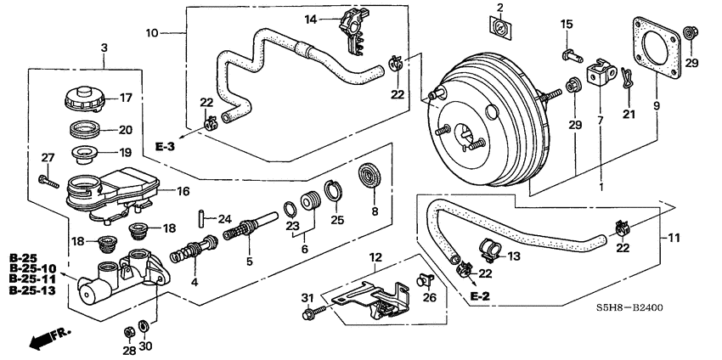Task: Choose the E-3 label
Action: click(167, 147)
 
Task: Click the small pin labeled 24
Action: click(200, 219)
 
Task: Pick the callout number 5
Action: click(249, 262)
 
